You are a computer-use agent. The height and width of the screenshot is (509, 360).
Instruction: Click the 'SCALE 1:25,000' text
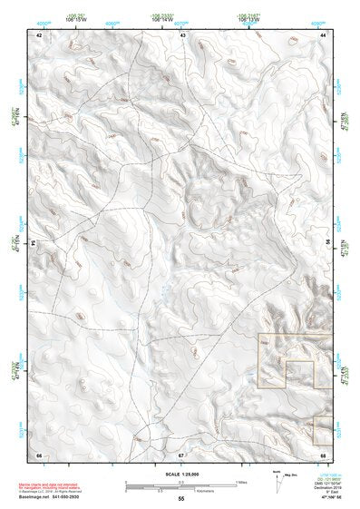180,472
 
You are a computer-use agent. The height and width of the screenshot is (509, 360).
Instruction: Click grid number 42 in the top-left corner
39,34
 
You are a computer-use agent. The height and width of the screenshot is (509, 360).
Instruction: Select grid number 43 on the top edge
182,34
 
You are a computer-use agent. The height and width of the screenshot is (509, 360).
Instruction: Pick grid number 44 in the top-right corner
324,34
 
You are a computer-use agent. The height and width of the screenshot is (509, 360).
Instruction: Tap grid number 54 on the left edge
34,243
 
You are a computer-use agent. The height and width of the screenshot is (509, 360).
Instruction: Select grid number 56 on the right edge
328,243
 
